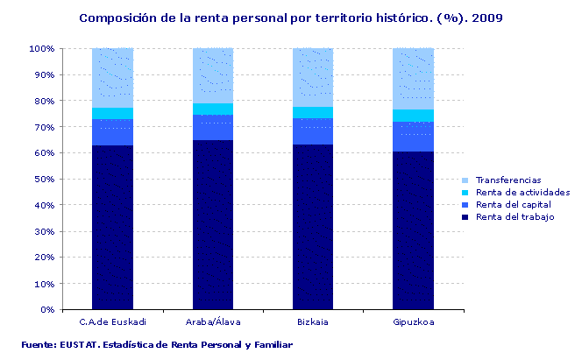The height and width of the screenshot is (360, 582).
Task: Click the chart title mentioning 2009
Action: click(x=291, y=17)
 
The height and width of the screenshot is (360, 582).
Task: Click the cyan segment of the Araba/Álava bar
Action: click(x=213, y=109)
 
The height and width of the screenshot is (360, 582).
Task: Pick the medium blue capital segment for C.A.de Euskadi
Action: click(x=112, y=132)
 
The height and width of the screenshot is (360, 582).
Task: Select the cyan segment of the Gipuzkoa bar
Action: click(x=413, y=116)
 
